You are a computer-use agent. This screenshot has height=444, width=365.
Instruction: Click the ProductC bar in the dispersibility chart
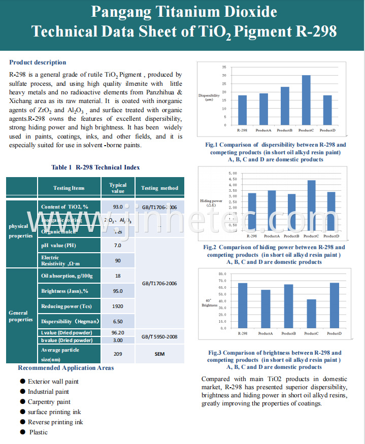pos(306,100)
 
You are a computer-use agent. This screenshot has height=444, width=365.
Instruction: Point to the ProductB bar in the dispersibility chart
pos(285,106)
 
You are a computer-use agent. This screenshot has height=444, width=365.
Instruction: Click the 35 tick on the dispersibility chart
pos(224,67)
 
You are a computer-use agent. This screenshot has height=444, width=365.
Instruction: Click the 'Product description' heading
pos(38,62)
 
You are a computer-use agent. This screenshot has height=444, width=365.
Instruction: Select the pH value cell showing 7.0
pos(118,246)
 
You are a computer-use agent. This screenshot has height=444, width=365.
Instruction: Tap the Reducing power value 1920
pos(118,306)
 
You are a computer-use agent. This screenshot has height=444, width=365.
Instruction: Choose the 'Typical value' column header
pos(118,188)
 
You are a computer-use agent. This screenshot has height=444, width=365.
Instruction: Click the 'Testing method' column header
pos(159,188)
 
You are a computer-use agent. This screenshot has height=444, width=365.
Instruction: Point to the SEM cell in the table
pos(159,353)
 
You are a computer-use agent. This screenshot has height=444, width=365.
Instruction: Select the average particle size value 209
pos(118,353)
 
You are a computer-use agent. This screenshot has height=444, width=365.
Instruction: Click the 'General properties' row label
pos(21,316)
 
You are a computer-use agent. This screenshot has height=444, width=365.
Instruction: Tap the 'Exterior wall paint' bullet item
pos(53,382)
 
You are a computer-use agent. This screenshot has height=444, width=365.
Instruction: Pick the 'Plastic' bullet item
pos(38,432)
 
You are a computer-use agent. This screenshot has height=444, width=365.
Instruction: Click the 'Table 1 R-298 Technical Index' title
pos(95,167)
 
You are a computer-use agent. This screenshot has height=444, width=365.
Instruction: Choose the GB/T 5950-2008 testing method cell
pos(159,336)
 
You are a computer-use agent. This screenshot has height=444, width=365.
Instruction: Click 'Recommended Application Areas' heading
pos(66,368)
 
